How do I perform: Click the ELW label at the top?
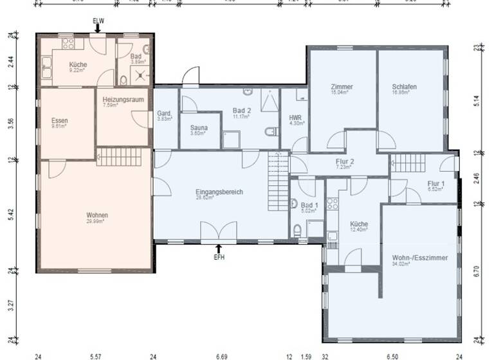tap(98, 21)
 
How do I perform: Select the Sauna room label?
tap(199, 127)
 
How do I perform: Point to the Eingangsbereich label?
tap(219, 192)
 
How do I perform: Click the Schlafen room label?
tap(404, 87)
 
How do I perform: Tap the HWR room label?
tap(295, 118)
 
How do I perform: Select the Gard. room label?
tap(164, 114)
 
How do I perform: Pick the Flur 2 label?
tap(345, 161)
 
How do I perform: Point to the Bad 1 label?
tap(309, 205)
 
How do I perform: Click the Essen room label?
tap(60, 120)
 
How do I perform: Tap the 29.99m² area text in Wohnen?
tap(96, 221)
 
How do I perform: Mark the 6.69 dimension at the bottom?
tap(222, 355)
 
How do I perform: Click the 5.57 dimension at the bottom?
tap(96, 355)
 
